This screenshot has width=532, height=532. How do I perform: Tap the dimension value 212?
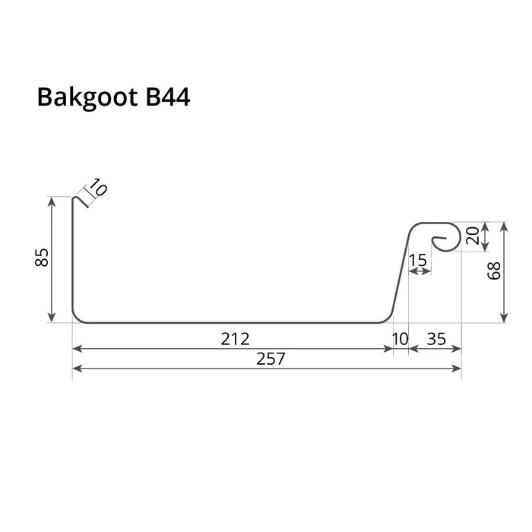tap(235, 337)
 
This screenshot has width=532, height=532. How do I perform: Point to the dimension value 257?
tap(270, 359)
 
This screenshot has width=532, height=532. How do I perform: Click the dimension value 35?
tap(435, 337)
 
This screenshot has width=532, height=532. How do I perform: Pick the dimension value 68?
tap(494, 271)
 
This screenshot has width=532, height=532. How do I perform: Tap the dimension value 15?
tap(418, 260)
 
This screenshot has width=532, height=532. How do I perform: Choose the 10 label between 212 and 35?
tap(400, 337)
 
